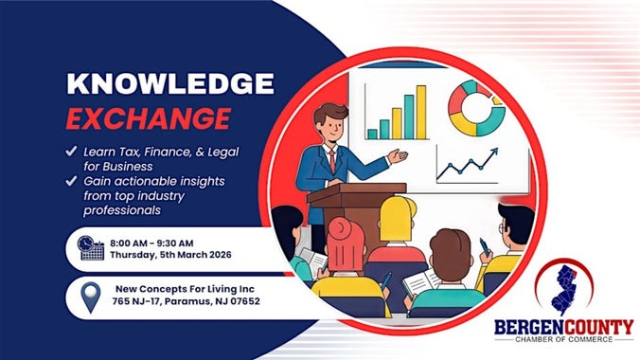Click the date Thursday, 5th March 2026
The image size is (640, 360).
pyautogui.click(x=180, y=255)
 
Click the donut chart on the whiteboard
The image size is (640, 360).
pyautogui.click(x=476, y=107)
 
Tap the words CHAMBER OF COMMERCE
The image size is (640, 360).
pyautogui.click(x=564, y=343)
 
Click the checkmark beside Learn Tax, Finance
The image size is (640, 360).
pyautogui.click(x=72, y=150)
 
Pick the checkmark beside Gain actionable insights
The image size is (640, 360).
pyautogui.click(x=72, y=179)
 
